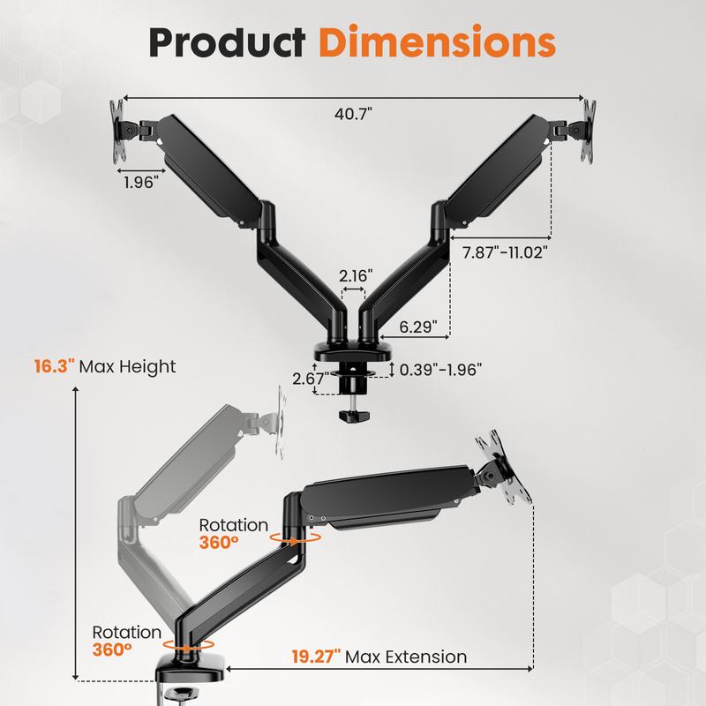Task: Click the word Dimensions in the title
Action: click(x=437, y=41)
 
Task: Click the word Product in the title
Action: click(x=228, y=41)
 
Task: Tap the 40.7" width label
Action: click(x=354, y=114)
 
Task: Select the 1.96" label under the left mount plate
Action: click(x=141, y=183)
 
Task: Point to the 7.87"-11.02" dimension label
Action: click(x=506, y=252)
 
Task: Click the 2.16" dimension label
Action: click(x=356, y=275)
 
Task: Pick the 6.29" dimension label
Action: click(x=418, y=327)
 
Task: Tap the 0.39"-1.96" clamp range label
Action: click(x=440, y=370)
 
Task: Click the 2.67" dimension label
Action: click(x=310, y=379)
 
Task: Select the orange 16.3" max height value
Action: click(x=55, y=366)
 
